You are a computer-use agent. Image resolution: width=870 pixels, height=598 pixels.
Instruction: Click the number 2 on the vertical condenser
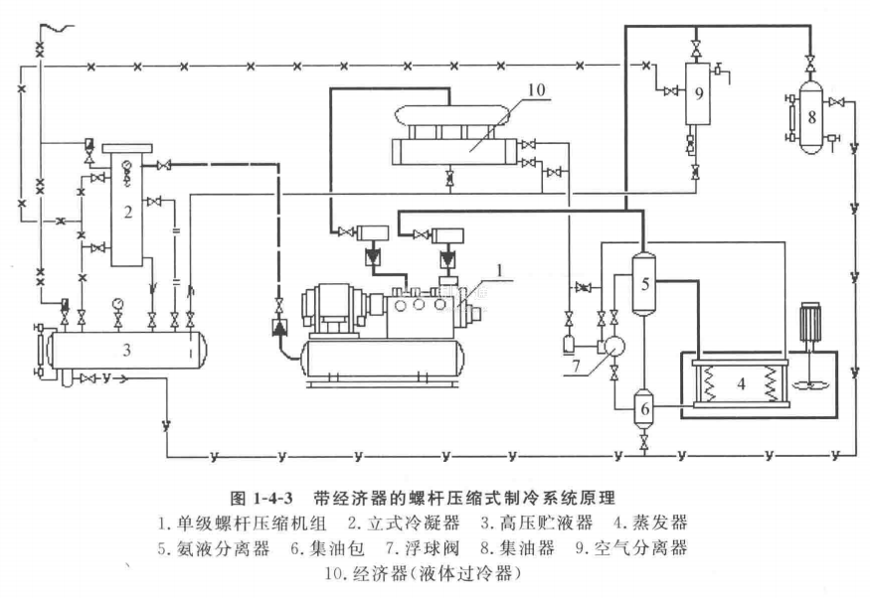[x=128, y=213]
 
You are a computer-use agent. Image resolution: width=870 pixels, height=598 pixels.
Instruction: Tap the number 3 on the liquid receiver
[x=126, y=350]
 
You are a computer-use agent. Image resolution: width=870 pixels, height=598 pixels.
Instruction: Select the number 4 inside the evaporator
[x=742, y=383]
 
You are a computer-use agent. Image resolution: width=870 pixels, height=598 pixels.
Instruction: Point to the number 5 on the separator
[x=644, y=284]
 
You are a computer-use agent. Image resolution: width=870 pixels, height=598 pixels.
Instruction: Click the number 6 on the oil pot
[x=644, y=409]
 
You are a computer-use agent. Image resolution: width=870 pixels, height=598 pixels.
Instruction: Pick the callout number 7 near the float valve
[x=576, y=366]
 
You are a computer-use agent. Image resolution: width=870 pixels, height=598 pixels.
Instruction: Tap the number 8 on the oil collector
[x=811, y=117]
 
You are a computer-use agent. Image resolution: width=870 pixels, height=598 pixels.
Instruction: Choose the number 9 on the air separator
[x=699, y=93]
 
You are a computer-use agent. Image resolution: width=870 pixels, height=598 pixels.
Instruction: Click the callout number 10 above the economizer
[x=537, y=89]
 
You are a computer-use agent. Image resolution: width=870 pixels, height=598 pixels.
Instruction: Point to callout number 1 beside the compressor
[x=500, y=270]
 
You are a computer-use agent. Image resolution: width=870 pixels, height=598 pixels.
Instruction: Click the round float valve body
[x=614, y=346]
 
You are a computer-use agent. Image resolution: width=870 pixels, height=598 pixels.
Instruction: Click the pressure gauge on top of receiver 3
[x=117, y=303]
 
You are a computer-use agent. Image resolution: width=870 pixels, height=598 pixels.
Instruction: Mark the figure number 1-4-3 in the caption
[x=273, y=497]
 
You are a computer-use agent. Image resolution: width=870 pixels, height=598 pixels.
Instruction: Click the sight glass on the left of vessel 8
[x=790, y=117]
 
